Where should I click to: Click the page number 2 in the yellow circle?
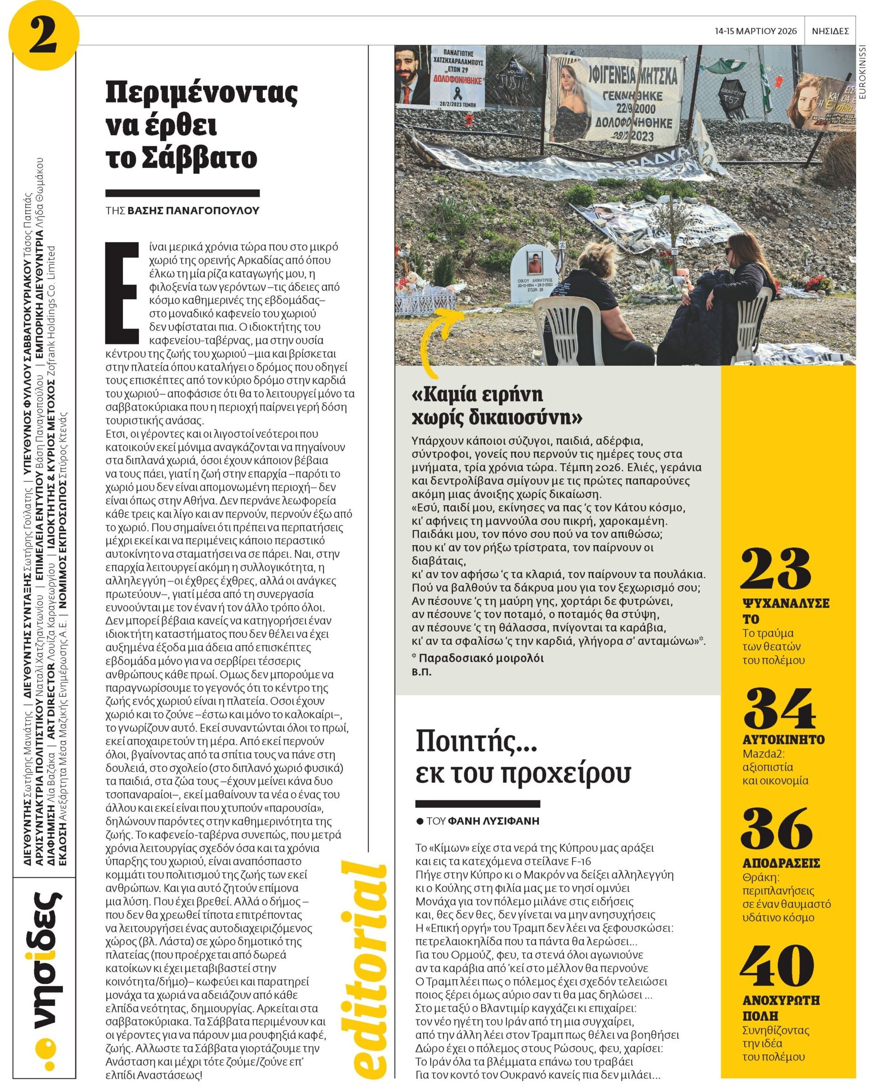click(42, 36)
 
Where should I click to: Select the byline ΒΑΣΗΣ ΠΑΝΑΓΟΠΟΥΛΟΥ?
click(193, 211)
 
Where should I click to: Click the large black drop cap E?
click(122, 293)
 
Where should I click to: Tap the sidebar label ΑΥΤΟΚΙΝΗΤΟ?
click(784, 739)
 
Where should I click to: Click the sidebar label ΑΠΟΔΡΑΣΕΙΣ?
click(781, 863)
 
